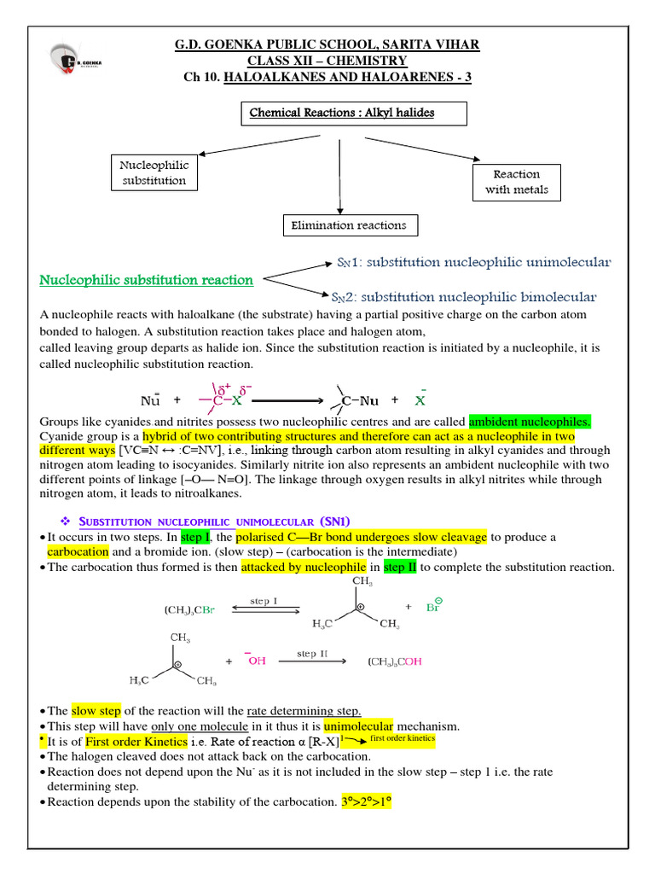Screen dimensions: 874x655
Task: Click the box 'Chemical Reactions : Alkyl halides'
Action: (x=341, y=114)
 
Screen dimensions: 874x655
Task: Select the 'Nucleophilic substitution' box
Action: (x=154, y=172)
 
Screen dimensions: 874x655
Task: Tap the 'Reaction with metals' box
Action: (x=517, y=182)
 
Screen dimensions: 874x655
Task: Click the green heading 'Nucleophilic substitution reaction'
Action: (x=147, y=280)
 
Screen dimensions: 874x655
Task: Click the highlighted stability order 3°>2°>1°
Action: (x=366, y=802)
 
